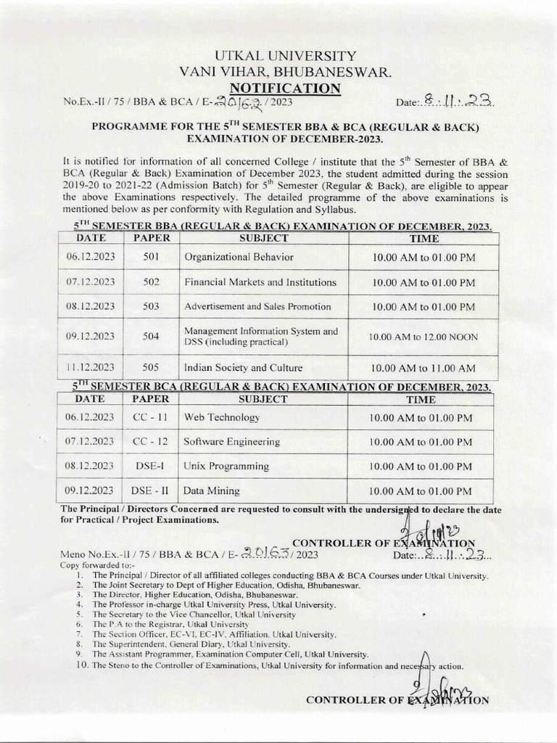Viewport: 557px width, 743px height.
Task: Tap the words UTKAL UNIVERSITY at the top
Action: (281, 56)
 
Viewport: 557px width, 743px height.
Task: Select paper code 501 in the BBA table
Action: (151, 257)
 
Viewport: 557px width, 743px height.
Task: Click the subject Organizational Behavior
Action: (239, 257)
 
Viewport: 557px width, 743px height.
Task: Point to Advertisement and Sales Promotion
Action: (257, 307)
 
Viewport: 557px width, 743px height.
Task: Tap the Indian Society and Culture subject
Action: (243, 367)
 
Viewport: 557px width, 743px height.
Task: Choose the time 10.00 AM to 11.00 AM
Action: (423, 368)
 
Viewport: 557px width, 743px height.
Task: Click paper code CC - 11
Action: (151, 418)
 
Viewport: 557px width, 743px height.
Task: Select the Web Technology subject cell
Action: (221, 418)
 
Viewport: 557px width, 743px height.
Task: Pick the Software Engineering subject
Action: (231, 442)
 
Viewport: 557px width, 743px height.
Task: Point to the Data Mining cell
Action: (211, 491)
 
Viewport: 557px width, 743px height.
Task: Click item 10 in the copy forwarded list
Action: (268, 665)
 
